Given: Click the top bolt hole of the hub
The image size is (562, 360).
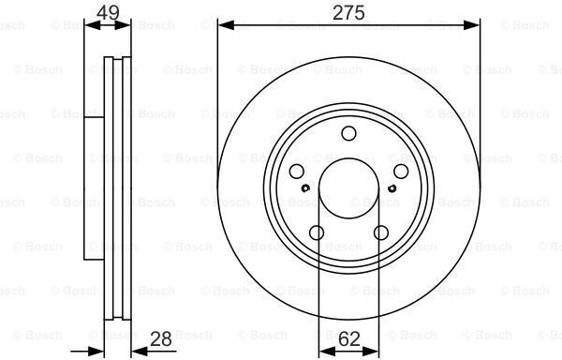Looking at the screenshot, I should click(x=348, y=133).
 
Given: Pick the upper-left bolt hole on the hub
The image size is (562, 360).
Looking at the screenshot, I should click(x=296, y=172).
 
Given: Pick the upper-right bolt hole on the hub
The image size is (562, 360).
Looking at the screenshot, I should click(x=400, y=172).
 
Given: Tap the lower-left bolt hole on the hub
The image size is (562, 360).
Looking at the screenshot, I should click(x=317, y=232).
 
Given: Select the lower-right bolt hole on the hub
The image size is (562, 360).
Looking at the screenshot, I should click(x=380, y=232).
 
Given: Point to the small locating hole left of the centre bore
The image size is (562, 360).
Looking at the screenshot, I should click(x=306, y=188).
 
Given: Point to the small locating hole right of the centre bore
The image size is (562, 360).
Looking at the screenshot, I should click(x=390, y=188).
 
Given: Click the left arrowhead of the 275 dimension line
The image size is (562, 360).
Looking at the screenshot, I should click(x=223, y=25).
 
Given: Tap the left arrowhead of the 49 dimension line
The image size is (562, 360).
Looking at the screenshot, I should click(x=89, y=25).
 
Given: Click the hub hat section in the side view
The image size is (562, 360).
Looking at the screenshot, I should click(x=94, y=187).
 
